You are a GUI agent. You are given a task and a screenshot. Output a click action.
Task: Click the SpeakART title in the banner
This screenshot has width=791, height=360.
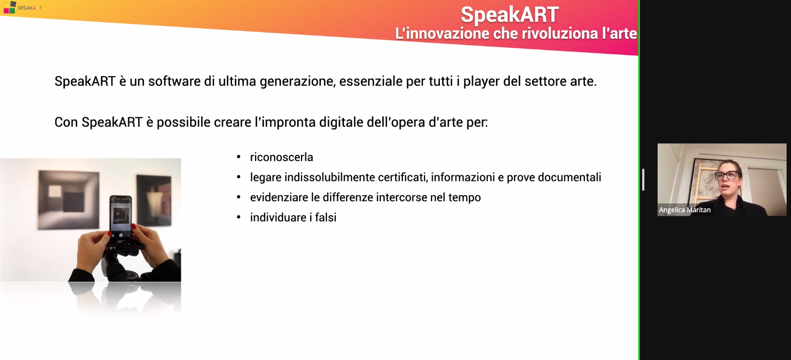coord(509,14)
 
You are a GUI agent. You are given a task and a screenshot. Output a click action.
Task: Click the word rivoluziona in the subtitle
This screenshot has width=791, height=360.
coord(546,34)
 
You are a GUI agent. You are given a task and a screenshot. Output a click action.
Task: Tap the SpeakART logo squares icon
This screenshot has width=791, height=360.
coord(9,7)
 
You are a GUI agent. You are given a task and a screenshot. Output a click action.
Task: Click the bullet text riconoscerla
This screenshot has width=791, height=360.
coord(282,157)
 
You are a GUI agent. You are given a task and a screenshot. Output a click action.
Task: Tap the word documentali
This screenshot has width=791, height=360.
coord(569,178)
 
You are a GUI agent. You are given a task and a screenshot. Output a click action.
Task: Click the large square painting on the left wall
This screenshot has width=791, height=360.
coord(68,200)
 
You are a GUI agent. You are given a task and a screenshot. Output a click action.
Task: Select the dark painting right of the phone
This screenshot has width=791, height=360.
coord(154,200)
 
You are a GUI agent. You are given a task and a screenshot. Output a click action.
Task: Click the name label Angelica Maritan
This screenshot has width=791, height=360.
coord(685,210)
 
